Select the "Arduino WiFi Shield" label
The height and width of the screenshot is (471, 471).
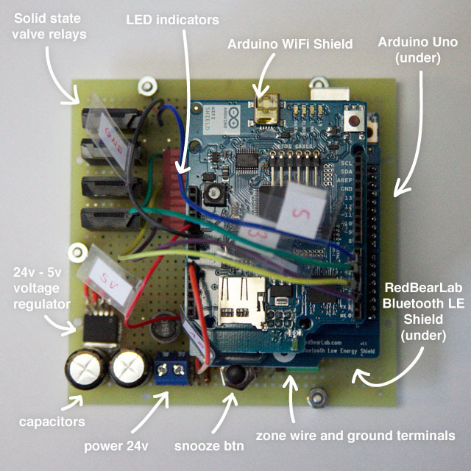point(290,43)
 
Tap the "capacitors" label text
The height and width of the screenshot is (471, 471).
point(51,422)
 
